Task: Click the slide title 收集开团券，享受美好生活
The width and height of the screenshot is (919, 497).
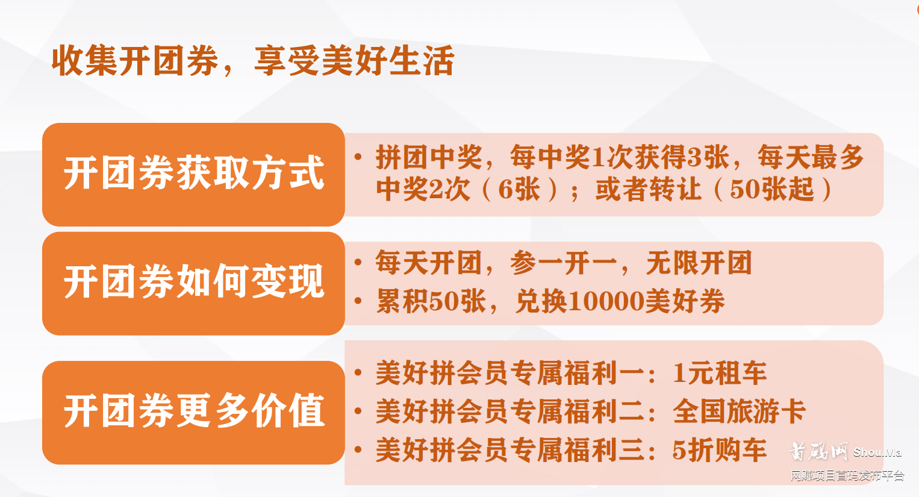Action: (x=252, y=61)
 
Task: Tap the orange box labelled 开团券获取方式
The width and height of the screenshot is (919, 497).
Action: (x=193, y=174)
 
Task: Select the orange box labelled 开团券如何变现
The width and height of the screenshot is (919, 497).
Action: (x=193, y=283)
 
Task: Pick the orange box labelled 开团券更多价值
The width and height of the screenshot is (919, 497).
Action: (x=193, y=412)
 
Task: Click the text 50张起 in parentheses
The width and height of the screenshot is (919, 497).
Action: (x=771, y=190)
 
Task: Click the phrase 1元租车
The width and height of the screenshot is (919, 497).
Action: (x=720, y=374)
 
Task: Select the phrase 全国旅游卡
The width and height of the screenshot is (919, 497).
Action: (x=739, y=412)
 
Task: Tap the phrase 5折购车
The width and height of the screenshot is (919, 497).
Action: (x=720, y=451)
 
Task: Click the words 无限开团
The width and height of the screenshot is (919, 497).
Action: (x=699, y=263)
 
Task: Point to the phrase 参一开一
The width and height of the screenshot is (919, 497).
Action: (x=563, y=263)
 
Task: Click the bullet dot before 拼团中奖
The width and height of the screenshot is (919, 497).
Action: (x=358, y=157)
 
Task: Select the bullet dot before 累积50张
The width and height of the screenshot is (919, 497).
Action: (x=358, y=301)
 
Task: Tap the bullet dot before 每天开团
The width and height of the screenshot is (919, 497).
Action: (x=358, y=263)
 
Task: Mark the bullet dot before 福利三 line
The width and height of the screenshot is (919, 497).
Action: (x=358, y=450)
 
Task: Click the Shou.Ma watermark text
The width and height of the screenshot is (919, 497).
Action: (x=877, y=452)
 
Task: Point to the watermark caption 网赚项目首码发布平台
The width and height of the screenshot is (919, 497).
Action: (x=847, y=476)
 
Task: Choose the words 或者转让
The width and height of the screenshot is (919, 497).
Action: (x=648, y=190)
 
